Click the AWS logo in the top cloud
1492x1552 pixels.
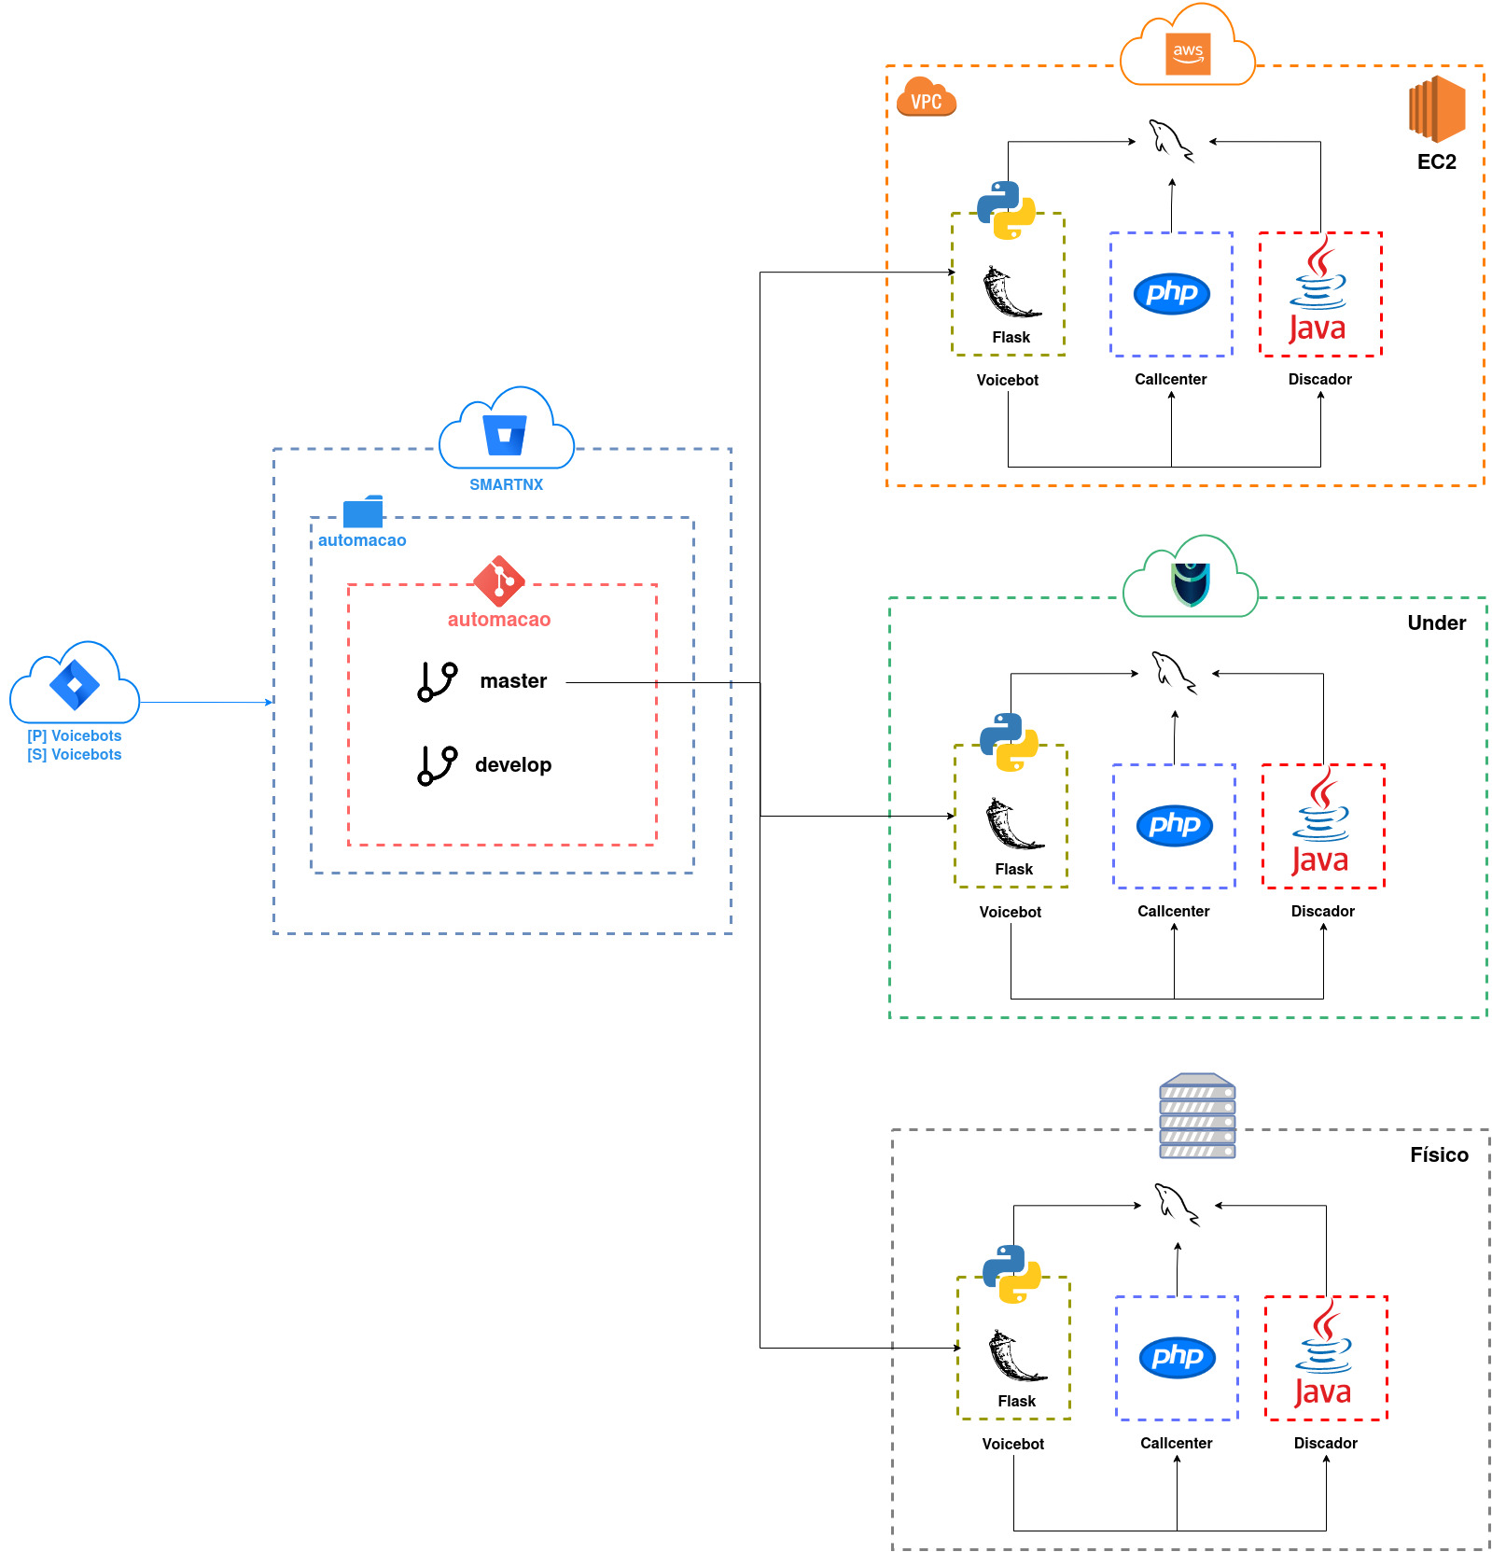click(x=1188, y=52)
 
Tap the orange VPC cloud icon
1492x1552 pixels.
click(x=926, y=96)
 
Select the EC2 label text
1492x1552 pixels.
click(x=1436, y=161)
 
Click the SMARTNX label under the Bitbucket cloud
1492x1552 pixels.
click(x=506, y=484)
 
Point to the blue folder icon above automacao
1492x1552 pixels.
click(x=363, y=511)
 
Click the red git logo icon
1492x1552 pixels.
click(x=499, y=581)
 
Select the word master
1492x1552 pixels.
click(x=513, y=681)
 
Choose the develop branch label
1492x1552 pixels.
click(x=513, y=765)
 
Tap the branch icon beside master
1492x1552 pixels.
click(x=437, y=681)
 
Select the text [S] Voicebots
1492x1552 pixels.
click(x=75, y=754)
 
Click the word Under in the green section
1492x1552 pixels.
click(x=1436, y=622)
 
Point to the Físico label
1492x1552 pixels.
click(x=1439, y=1154)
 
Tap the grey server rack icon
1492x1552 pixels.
click(x=1197, y=1116)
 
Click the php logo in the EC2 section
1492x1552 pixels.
click(x=1172, y=293)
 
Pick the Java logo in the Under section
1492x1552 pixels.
click(x=1320, y=820)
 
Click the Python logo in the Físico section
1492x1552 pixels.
click(x=1011, y=1274)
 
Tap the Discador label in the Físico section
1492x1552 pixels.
click(x=1325, y=1443)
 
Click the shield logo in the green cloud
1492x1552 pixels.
click(x=1191, y=584)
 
